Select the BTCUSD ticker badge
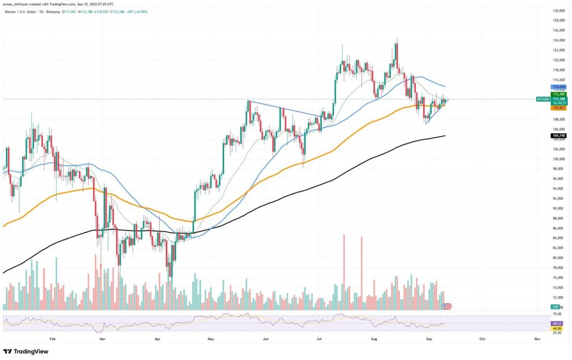(x=544, y=99)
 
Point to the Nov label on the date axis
(x=537, y=338)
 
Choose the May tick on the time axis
(x=211, y=338)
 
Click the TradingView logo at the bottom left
(x=26, y=352)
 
